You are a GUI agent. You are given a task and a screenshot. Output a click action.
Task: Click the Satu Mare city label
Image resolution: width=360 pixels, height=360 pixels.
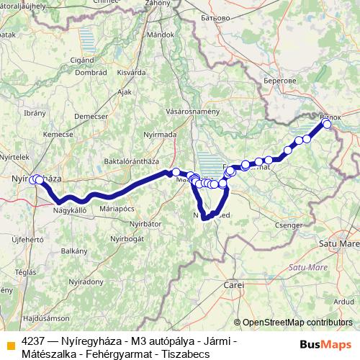[x=337, y=243]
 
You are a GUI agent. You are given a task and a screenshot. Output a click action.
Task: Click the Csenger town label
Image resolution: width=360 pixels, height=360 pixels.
[x=284, y=225]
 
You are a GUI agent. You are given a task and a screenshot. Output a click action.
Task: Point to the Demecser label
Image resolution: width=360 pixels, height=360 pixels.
[x=90, y=116]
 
